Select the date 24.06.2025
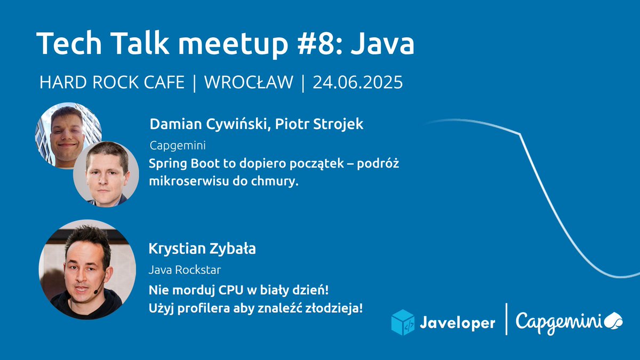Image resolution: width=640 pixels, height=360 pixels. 357,83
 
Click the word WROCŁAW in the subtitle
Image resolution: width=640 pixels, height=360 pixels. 249,83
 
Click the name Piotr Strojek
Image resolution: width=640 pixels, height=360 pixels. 319,124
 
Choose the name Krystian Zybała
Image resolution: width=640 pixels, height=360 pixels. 203,249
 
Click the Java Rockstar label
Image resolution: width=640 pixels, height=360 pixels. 185,270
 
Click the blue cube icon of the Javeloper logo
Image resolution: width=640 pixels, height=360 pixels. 403,322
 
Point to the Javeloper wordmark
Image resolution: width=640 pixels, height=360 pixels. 457,323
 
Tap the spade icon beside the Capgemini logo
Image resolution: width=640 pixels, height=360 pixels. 613,321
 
